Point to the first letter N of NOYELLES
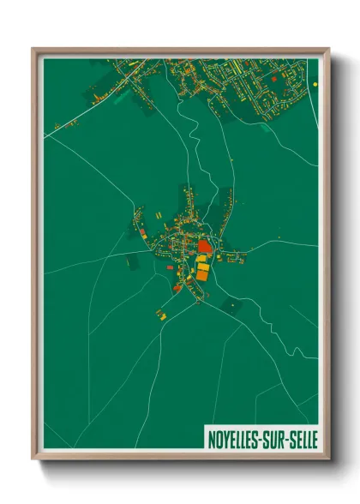tap(212, 438)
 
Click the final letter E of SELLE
tap(313, 438)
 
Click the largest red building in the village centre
tap(204, 246)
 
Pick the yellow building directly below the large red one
tap(202, 260)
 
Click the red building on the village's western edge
tap(141, 231)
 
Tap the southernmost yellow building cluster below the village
tap(161, 314)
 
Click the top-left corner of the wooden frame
tap(33, 49)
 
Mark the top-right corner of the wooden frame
tap(329, 49)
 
